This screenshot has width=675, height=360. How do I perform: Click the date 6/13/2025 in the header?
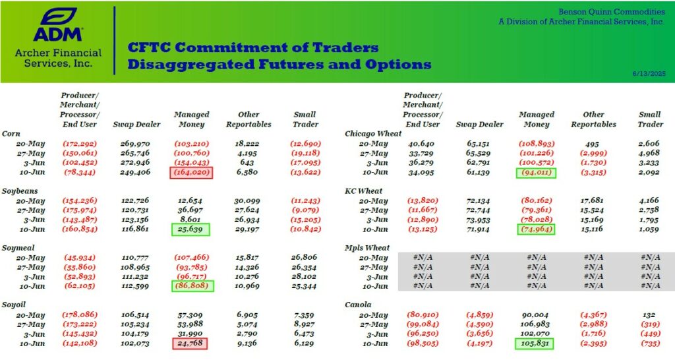click(x=649, y=74)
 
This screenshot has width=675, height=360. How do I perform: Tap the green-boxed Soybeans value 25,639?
click(x=191, y=229)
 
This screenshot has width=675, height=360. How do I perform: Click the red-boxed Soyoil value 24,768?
click(x=189, y=344)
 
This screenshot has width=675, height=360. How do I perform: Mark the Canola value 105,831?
click(x=534, y=344)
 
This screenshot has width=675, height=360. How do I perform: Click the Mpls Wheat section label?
click(x=367, y=248)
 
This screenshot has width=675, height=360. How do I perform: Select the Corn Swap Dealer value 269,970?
click(x=134, y=144)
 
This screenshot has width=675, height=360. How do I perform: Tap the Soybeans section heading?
click(x=20, y=191)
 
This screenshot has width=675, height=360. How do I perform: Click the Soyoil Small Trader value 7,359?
click(x=304, y=315)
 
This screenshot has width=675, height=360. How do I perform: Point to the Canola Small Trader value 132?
click(x=649, y=315)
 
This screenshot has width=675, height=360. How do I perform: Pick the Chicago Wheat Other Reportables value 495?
click(x=593, y=144)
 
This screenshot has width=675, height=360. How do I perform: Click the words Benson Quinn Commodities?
click(x=611, y=12)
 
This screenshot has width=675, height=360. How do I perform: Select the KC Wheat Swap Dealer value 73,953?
click(x=478, y=220)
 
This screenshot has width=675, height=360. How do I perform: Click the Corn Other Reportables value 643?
click(x=247, y=163)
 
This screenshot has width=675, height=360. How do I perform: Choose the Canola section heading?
click(x=358, y=305)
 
